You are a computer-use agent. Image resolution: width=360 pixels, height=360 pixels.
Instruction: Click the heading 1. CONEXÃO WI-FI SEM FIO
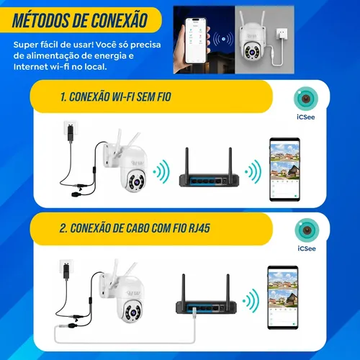[116, 97]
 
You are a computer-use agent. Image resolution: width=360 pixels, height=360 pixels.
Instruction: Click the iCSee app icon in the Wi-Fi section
[306, 99]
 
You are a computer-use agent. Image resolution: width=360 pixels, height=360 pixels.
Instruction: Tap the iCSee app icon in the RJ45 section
[307, 230]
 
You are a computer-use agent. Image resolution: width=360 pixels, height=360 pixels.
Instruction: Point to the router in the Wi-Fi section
[209, 167]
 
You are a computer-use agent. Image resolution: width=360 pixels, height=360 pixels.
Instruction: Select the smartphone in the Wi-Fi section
[284, 169]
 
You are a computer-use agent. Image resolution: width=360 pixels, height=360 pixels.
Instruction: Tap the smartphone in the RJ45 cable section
[283, 297]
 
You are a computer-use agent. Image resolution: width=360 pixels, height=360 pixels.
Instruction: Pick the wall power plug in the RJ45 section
[66, 269]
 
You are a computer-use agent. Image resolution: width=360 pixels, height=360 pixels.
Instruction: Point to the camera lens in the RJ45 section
[132, 312]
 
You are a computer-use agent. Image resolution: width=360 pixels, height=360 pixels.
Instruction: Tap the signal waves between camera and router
[161, 172]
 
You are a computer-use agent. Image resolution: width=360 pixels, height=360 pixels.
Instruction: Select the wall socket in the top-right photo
[282, 35]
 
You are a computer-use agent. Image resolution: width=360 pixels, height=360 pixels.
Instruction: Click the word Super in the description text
[25, 45]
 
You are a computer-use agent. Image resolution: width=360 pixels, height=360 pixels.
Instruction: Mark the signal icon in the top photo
[223, 39]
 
